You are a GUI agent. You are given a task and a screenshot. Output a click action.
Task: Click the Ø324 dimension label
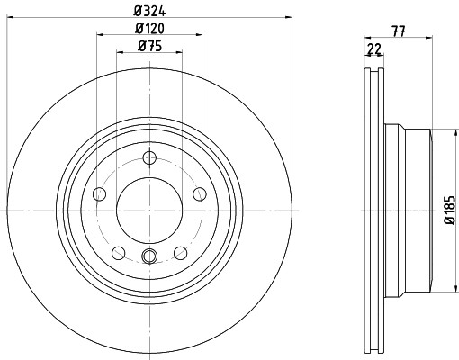(149, 11)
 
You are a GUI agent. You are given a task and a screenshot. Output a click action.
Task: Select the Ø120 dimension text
(149, 29)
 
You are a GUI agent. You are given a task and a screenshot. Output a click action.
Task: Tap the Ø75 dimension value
(149, 46)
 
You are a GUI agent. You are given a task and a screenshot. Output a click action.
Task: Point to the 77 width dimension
(399, 31)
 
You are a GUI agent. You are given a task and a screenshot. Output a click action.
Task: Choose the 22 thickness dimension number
(374, 49)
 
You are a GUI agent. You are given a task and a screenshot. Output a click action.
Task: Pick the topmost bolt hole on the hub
(149, 157)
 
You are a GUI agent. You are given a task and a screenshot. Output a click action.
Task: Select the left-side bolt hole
(99, 194)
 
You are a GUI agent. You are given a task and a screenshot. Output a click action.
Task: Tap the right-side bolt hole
(200, 194)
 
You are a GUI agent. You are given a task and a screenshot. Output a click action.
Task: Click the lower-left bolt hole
(119, 253)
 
